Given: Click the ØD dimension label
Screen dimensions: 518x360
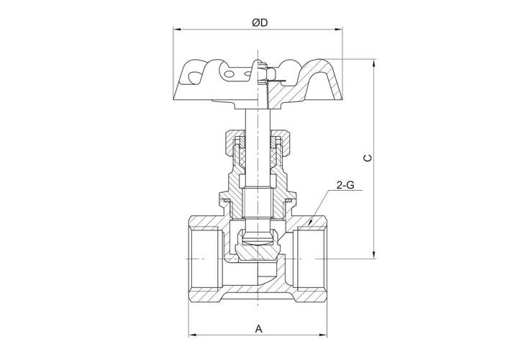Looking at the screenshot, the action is click(259, 23).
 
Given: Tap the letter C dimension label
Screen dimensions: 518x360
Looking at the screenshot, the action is click(368, 158).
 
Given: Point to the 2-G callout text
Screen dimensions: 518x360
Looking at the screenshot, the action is click(345, 185).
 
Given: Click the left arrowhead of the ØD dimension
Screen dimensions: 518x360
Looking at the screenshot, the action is click(178, 30).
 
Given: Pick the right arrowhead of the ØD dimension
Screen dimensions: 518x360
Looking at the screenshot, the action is click(339, 30).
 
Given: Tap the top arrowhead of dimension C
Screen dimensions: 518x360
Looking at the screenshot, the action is click(373, 63).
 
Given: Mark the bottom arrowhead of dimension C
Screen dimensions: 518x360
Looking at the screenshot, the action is click(373, 255).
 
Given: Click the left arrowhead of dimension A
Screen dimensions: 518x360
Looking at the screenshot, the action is click(193, 336).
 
